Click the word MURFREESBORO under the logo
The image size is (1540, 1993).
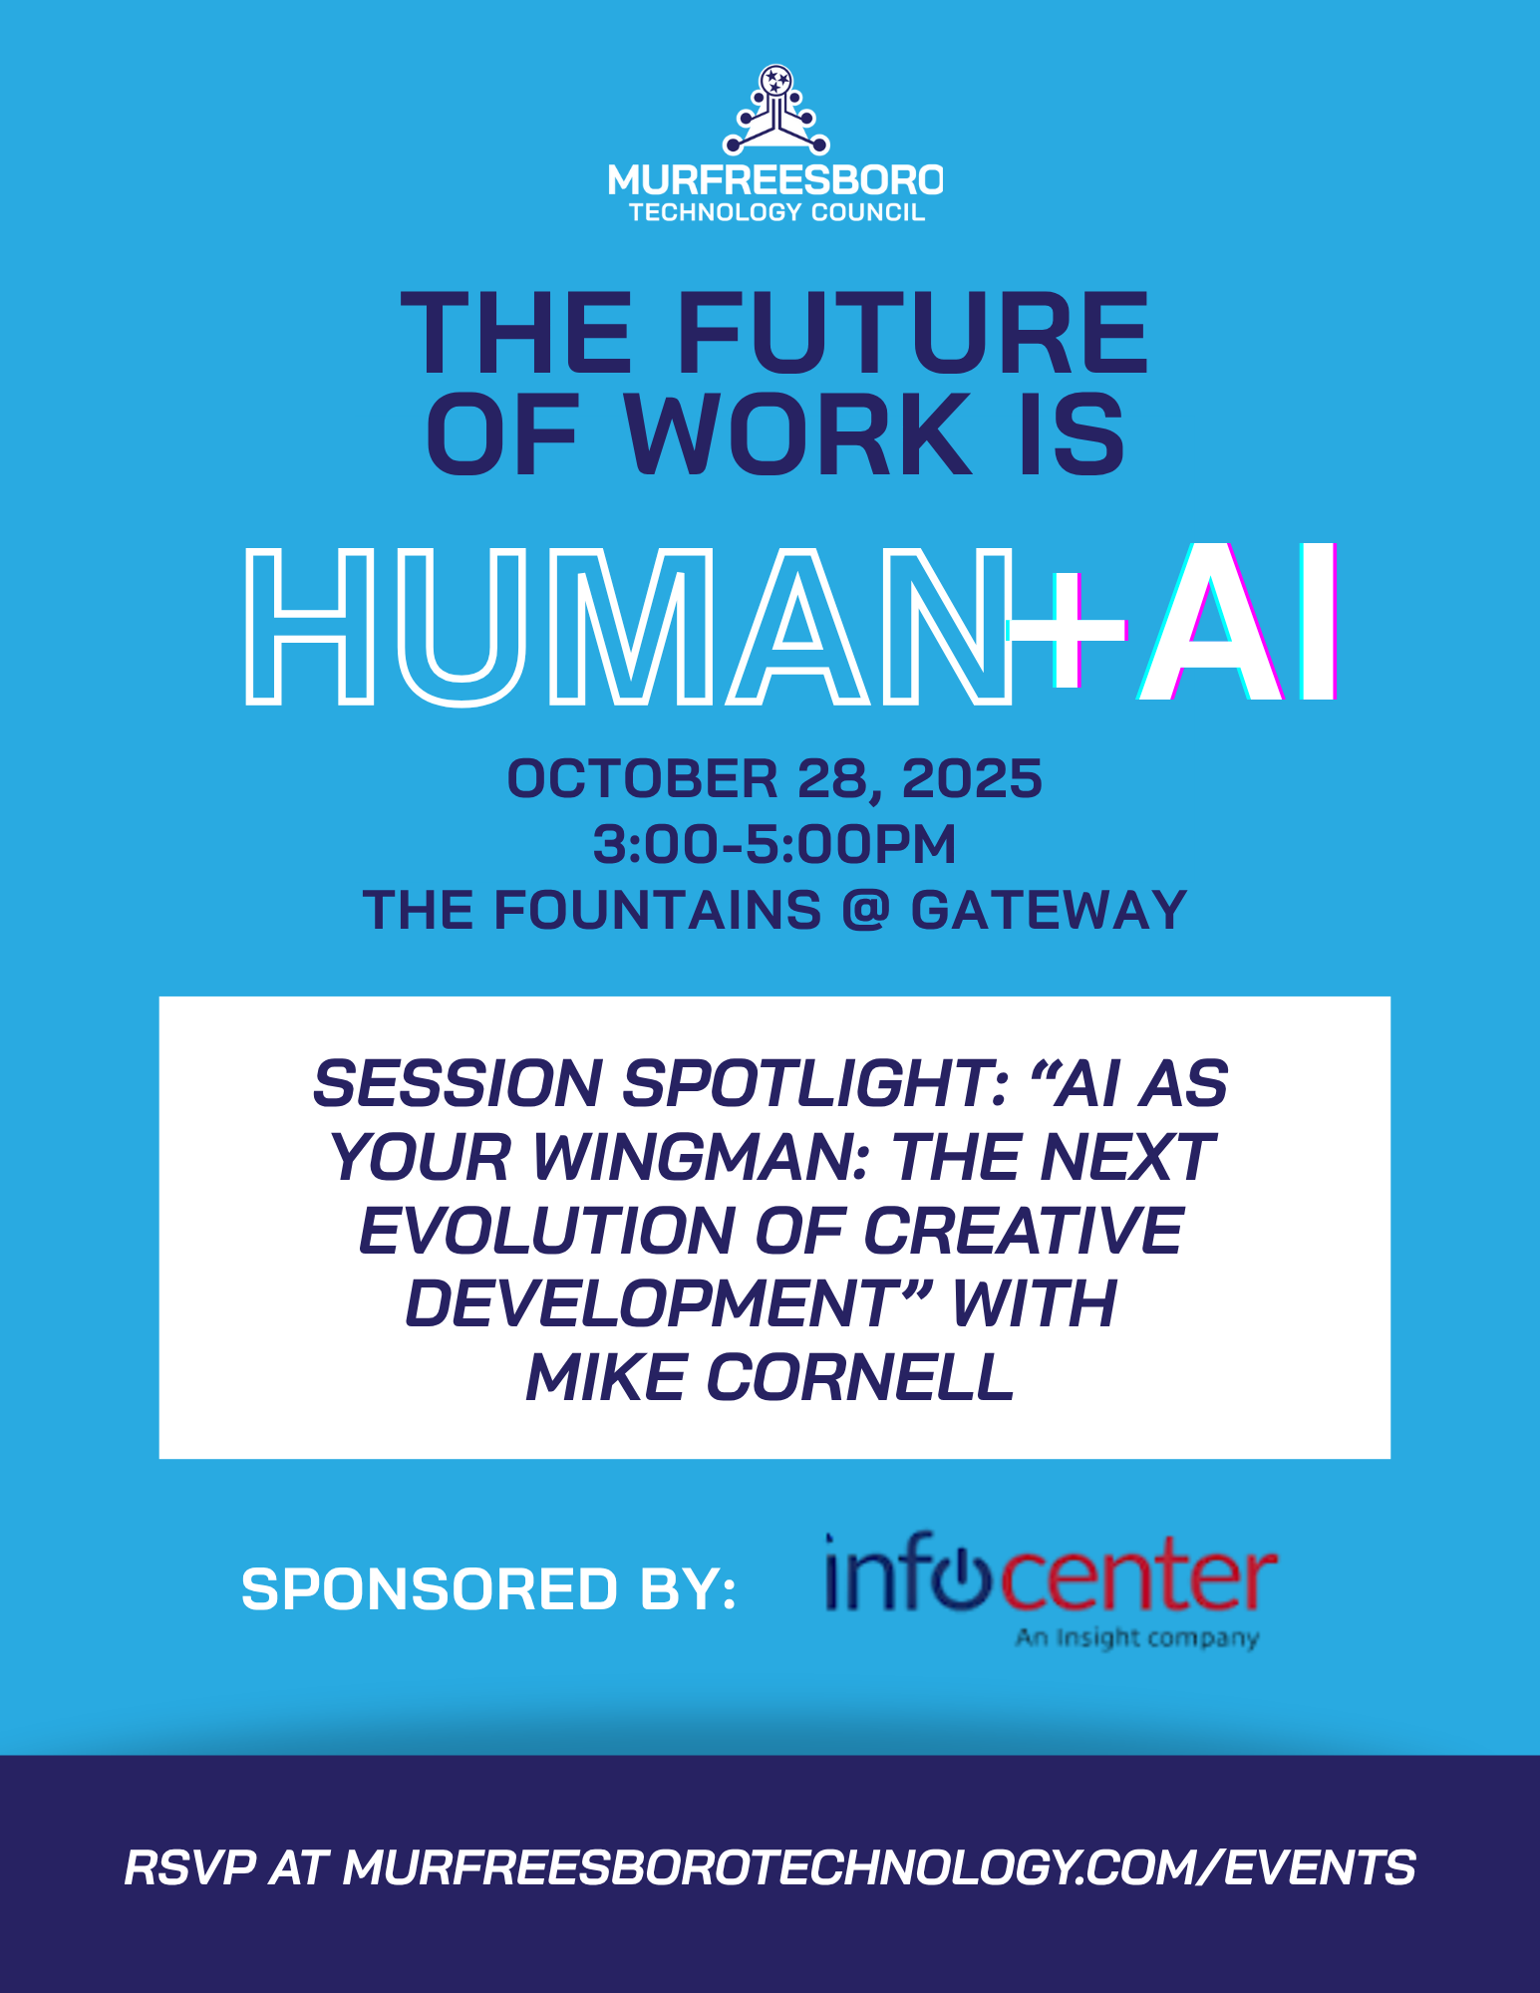775,180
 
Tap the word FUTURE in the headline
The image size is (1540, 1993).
913,334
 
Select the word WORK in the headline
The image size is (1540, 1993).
797,434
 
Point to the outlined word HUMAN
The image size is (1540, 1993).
628,628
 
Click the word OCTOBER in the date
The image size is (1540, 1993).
642,779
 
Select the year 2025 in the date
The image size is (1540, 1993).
972,779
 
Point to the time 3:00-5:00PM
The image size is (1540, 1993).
774,845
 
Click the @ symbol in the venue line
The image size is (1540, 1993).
866,910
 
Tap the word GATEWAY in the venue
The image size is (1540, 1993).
1049,911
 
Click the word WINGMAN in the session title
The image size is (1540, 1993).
704,1158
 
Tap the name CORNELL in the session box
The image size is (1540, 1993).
859,1378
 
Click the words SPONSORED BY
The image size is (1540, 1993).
488,1588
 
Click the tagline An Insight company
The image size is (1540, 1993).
1137,1637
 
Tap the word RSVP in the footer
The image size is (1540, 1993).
189,1867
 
